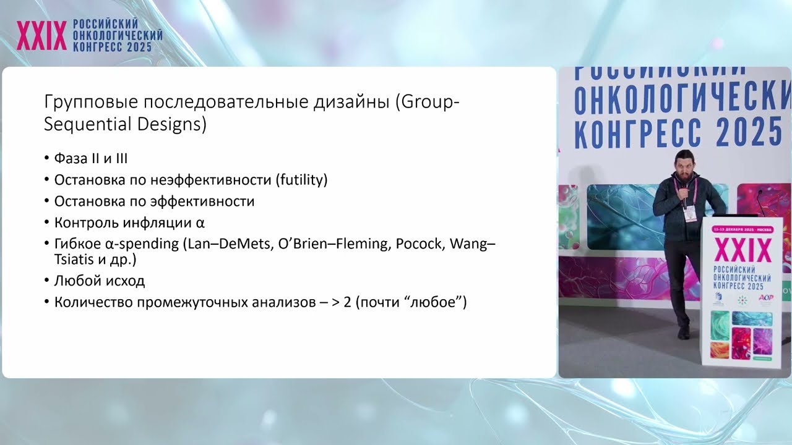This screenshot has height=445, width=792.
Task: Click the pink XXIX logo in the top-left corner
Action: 42,36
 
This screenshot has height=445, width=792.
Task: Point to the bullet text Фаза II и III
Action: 90,159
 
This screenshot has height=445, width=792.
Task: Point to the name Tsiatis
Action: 74,260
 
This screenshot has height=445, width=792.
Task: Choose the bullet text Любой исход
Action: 99,281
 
